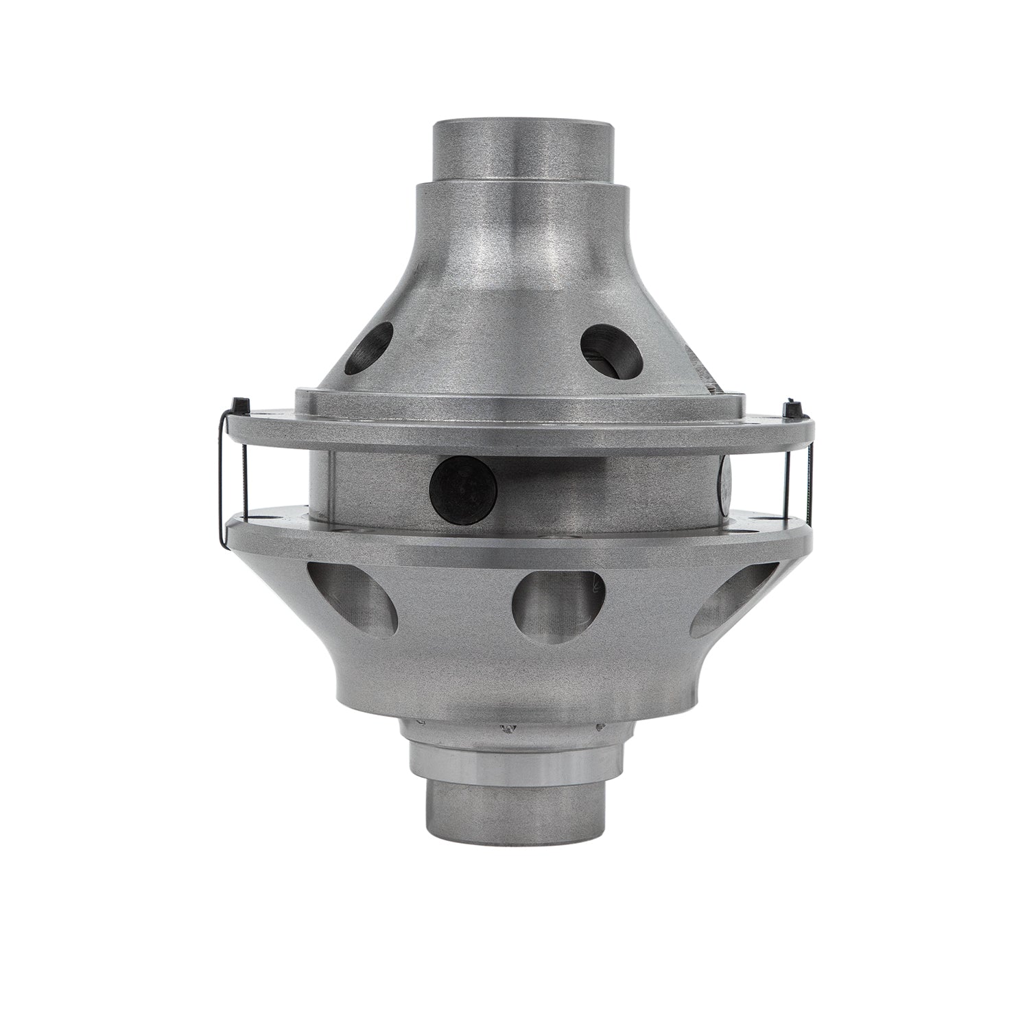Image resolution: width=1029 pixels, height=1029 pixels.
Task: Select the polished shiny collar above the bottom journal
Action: pyautogui.click(x=519, y=759)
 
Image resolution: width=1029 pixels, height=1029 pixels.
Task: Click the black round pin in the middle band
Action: pyautogui.click(x=462, y=488)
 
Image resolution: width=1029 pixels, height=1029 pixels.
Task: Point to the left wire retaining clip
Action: pyautogui.click(x=222, y=480)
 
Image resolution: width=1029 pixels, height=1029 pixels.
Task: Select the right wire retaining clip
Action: pyautogui.click(x=809, y=480)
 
